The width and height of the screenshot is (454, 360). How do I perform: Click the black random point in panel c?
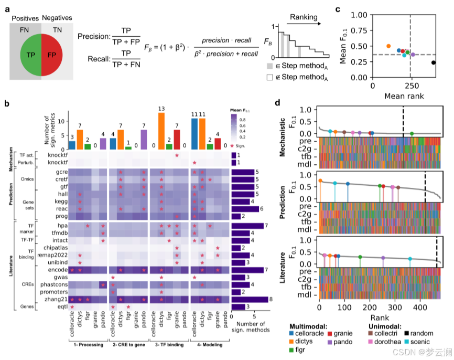tap(434, 62)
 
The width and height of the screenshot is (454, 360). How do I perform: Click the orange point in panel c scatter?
tap(388, 46)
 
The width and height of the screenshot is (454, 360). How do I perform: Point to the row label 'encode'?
tap(55, 270)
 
